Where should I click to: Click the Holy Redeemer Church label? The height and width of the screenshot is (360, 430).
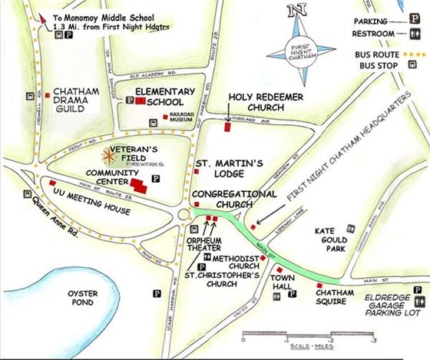[257, 102]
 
